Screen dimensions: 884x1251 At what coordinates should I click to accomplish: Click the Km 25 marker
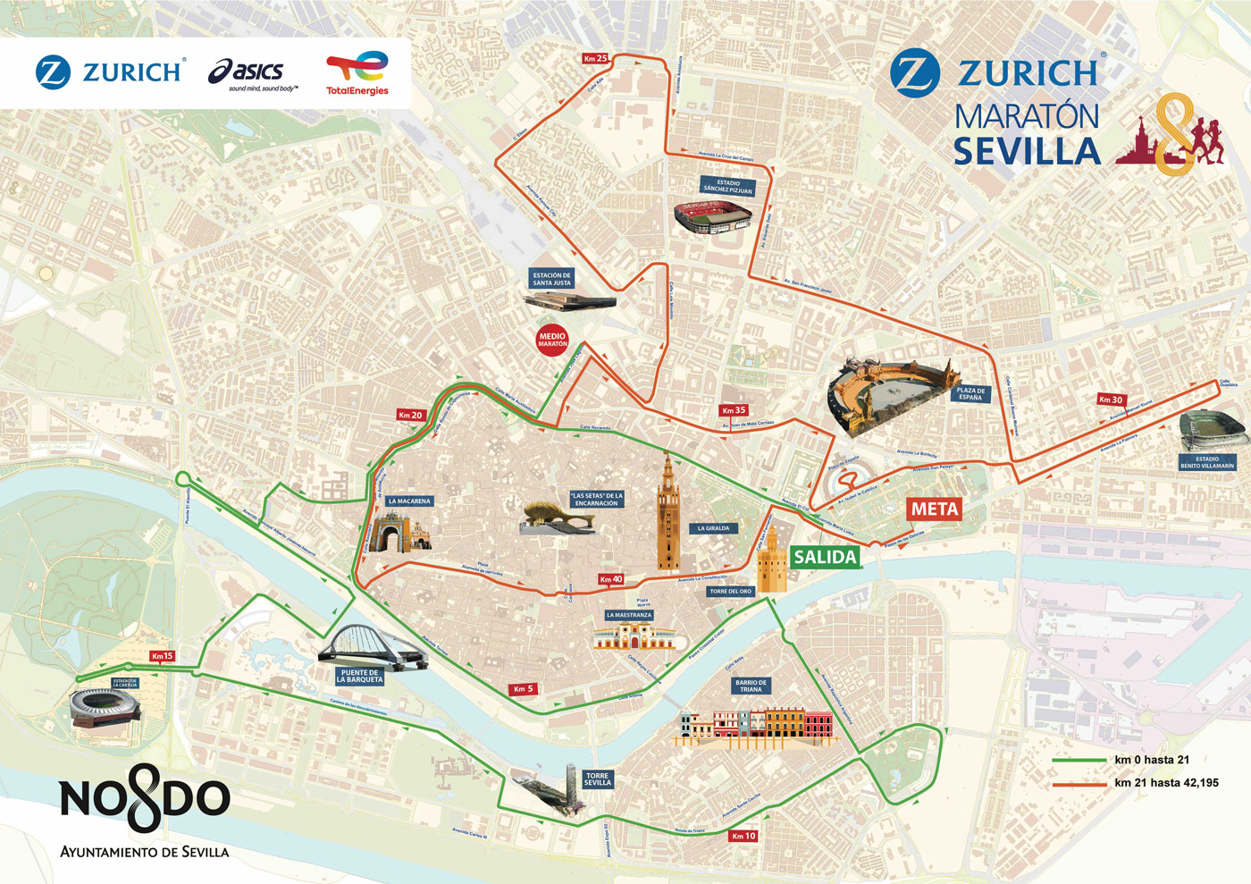(595, 58)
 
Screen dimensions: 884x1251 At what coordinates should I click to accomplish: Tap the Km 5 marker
(523, 689)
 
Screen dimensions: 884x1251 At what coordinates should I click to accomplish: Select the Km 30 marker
(1111, 400)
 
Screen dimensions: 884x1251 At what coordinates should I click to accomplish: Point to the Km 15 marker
(162, 656)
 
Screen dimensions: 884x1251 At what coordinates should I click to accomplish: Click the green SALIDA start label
(825, 557)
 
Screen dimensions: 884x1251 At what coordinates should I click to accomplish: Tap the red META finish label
(935, 509)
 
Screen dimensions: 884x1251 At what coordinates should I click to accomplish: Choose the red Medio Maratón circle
(552, 340)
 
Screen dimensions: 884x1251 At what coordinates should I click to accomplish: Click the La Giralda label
(713, 528)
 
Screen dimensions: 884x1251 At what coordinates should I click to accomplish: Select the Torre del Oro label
(731, 591)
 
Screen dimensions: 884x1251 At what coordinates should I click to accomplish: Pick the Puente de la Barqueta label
(360, 676)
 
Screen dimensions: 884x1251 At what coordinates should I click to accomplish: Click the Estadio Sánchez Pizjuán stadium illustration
(712, 217)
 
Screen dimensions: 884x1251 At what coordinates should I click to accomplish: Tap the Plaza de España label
(970, 393)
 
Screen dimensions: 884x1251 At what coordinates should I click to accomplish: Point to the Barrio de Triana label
(751, 686)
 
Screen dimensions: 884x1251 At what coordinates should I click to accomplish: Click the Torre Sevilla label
(597, 779)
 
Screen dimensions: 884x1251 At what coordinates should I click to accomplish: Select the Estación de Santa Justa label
(551, 279)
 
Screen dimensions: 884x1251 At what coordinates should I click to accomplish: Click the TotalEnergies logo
(357, 72)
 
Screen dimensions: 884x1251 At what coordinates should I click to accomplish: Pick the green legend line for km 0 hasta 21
(1079, 761)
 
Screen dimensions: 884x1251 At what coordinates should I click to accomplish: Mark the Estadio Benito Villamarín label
(1207, 462)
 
